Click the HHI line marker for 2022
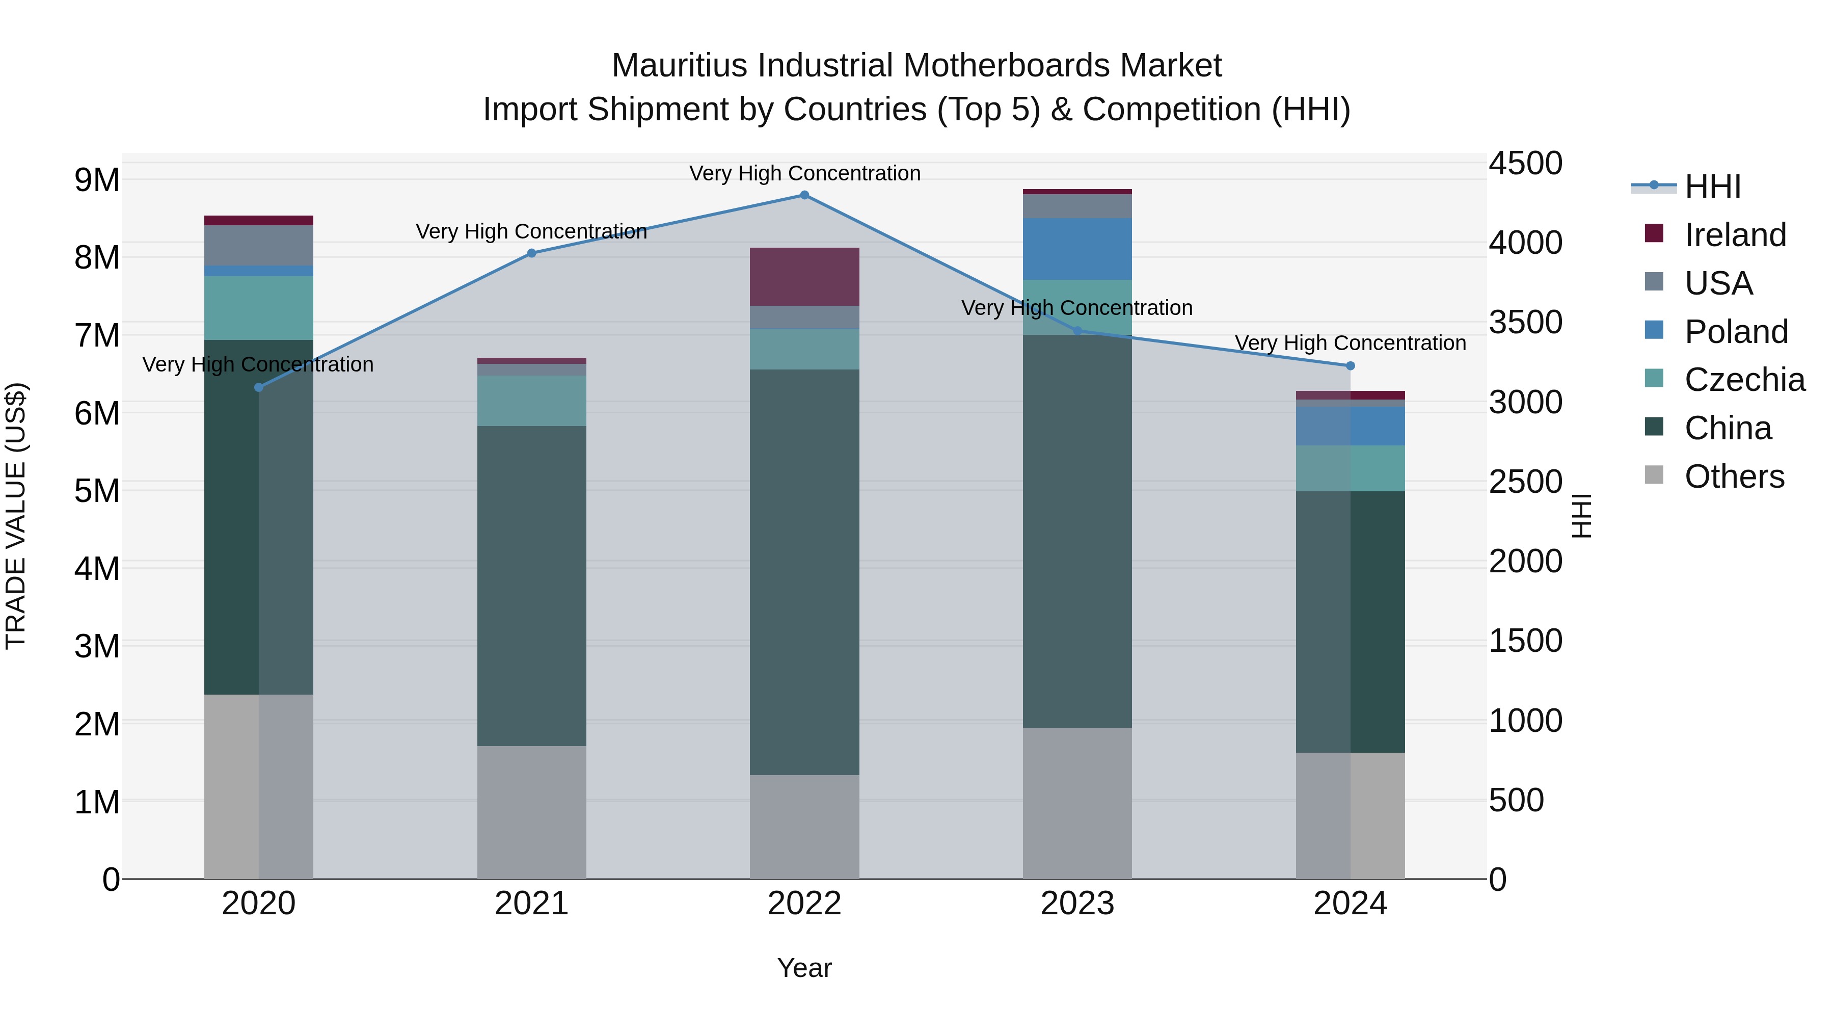coord(804,195)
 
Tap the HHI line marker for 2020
coord(258,387)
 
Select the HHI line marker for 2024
coord(1350,366)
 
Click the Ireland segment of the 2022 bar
coord(804,277)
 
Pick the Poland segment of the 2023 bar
coord(1077,249)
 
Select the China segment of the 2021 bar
coord(531,586)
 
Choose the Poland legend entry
coord(1736,332)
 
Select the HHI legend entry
coord(1712,187)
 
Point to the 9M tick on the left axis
coord(97,180)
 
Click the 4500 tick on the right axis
coord(1525,163)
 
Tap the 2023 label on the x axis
coord(1077,904)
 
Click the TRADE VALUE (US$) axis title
coord(16,516)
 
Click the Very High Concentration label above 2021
coord(531,231)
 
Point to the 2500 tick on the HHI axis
coord(1525,482)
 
